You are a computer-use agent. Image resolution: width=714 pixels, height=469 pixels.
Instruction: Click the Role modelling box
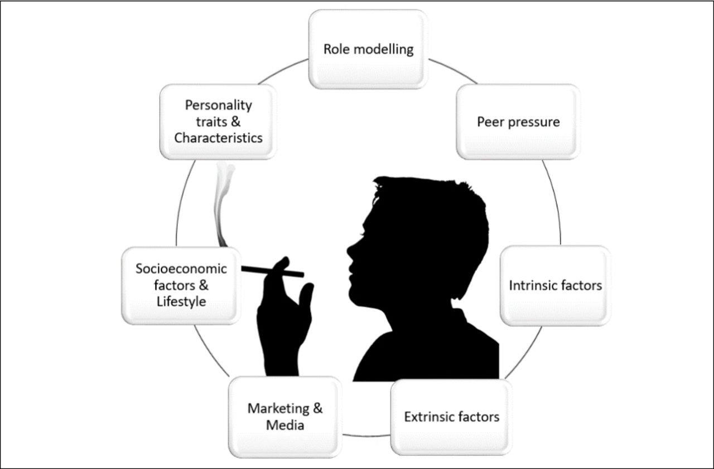click(368, 50)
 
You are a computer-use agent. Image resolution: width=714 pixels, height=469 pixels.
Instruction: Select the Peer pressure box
click(518, 122)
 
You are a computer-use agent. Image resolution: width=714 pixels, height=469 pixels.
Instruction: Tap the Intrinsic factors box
click(555, 286)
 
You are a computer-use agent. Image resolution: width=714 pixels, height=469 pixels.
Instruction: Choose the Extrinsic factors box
click(451, 417)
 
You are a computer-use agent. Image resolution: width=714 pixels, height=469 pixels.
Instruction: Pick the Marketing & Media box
click(285, 417)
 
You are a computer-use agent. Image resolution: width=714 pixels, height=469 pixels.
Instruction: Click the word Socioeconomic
click(181, 269)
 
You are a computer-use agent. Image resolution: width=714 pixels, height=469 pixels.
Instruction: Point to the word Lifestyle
click(181, 302)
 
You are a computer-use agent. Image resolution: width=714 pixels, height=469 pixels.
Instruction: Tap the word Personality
click(218, 105)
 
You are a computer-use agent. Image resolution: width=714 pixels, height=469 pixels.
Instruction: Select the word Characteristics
click(218, 138)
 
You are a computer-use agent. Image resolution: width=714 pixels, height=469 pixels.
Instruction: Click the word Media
click(285, 425)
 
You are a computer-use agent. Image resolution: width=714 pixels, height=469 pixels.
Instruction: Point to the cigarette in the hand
click(273, 271)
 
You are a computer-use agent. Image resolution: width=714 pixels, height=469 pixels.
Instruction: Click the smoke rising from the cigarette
click(223, 204)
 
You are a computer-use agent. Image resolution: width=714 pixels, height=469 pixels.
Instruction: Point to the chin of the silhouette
click(354, 297)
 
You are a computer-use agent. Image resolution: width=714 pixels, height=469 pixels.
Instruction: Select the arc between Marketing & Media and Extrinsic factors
click(366, 435)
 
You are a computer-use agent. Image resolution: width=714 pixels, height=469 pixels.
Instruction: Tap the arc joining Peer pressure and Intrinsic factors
click(554, 202)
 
